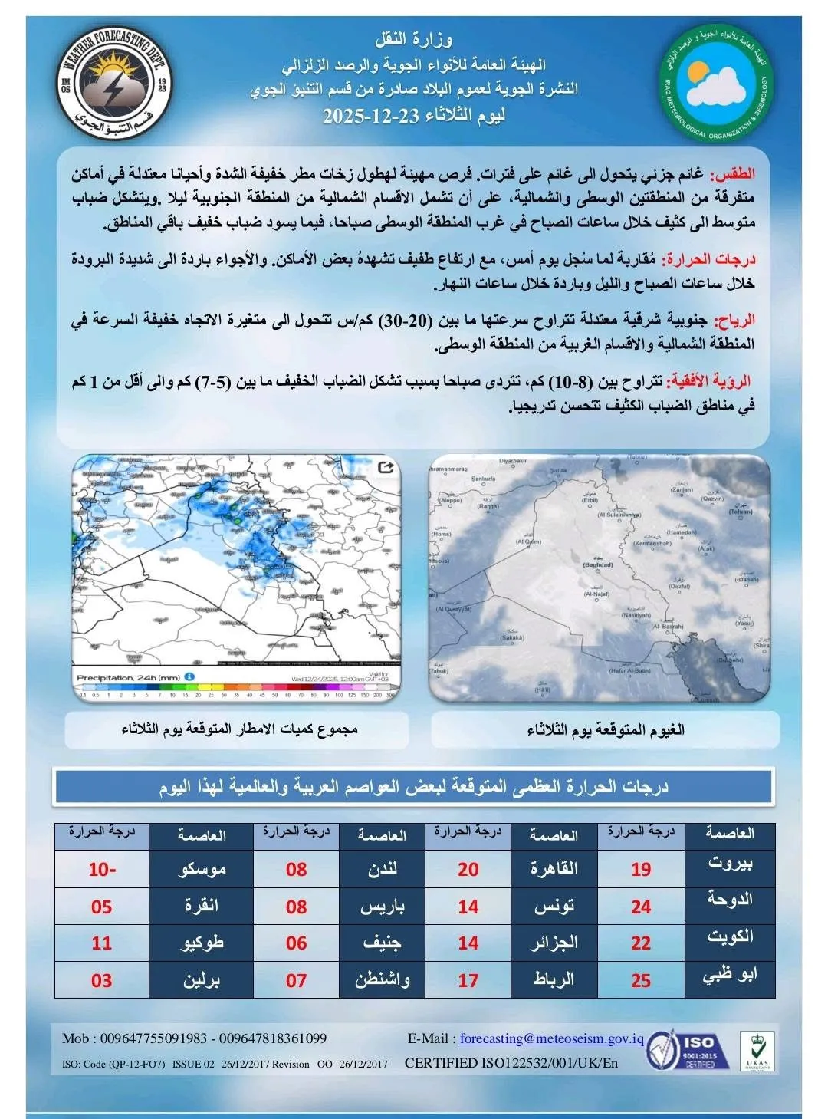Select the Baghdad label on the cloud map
(x=598, y=565)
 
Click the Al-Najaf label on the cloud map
(x=596, y=594)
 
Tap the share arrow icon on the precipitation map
(x=386, y=467)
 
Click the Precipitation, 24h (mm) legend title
(x=128, y=677)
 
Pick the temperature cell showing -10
(x=102, y=870)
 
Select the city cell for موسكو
(x=202, y=870)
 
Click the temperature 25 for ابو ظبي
(x=641, y=980)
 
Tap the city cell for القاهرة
(x=554, y=870)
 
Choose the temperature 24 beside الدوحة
(x=641, y=907)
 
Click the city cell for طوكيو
(x=202, y=943)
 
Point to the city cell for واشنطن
(x=382, y=980)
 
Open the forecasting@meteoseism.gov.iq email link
(x=551, y=1038)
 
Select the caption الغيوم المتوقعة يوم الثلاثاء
(x=605, y=729)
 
